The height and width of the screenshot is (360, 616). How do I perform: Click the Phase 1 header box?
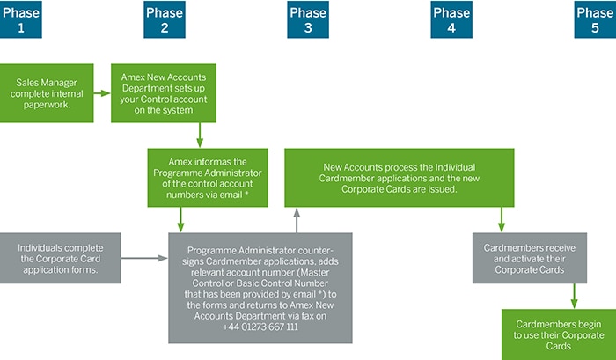[21, 19]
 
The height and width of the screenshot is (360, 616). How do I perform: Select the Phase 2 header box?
[165, 19]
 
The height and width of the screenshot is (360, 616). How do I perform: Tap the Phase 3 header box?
[308, 19]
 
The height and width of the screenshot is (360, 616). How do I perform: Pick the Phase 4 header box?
[451, 19]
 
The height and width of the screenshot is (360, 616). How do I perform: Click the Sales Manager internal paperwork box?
[47, 92]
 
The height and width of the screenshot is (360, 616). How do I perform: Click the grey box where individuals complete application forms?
[60, 257]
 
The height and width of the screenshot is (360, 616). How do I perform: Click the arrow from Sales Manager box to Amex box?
[102, 92]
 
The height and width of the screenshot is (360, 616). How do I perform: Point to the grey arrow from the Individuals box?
[143, 258]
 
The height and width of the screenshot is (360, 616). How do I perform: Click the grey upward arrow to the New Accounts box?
[297, 220]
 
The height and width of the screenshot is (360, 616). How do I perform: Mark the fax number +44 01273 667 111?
[259, 326]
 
